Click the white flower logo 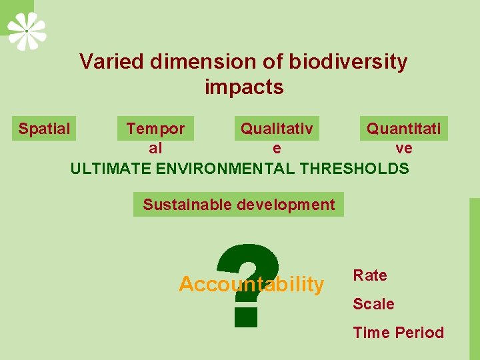coord(27,31)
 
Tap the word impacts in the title coord(244,87)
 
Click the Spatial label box coord(44,129)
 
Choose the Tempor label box coord(155,129)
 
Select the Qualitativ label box coord(276,129)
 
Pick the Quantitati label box coord(403,129)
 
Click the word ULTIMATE coord(111,169)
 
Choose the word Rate coord(369,275)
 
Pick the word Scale coord(373,304)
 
